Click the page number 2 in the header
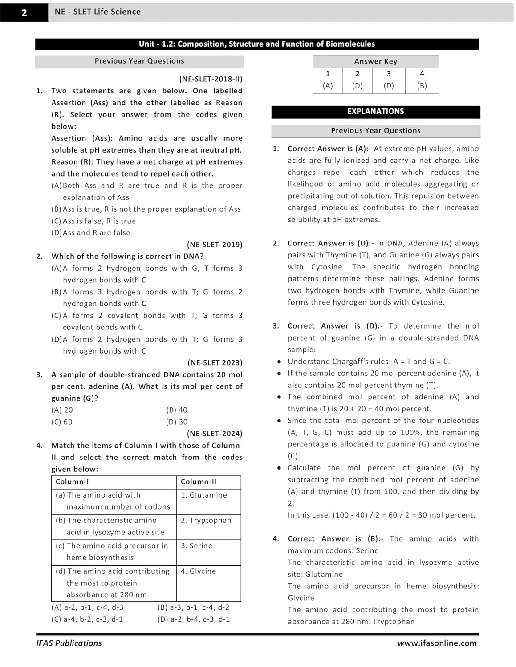pos(24,12)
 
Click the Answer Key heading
pos(375,61)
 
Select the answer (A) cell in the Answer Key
pos(328,86)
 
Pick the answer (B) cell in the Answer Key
pos(422,86)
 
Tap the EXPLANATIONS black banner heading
pos(375,112)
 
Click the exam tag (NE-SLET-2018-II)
pos(211,79)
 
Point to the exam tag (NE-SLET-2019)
pos(215,245)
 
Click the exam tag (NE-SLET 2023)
pos(215,363)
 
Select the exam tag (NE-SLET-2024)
pos(215,434)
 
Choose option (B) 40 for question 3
pos(177,410)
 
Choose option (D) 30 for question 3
pos(177,422)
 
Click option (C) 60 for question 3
pos(62,422)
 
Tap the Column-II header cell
pos(199,482)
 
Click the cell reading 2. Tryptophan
pos(206,521)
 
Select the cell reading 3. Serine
pos(196,546)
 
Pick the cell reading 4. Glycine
pos(198,571)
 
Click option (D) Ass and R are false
pos(91,233)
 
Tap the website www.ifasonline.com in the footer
pos(437,643)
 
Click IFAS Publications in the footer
pos(69,643)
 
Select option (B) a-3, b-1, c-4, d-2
pos(193,607)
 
